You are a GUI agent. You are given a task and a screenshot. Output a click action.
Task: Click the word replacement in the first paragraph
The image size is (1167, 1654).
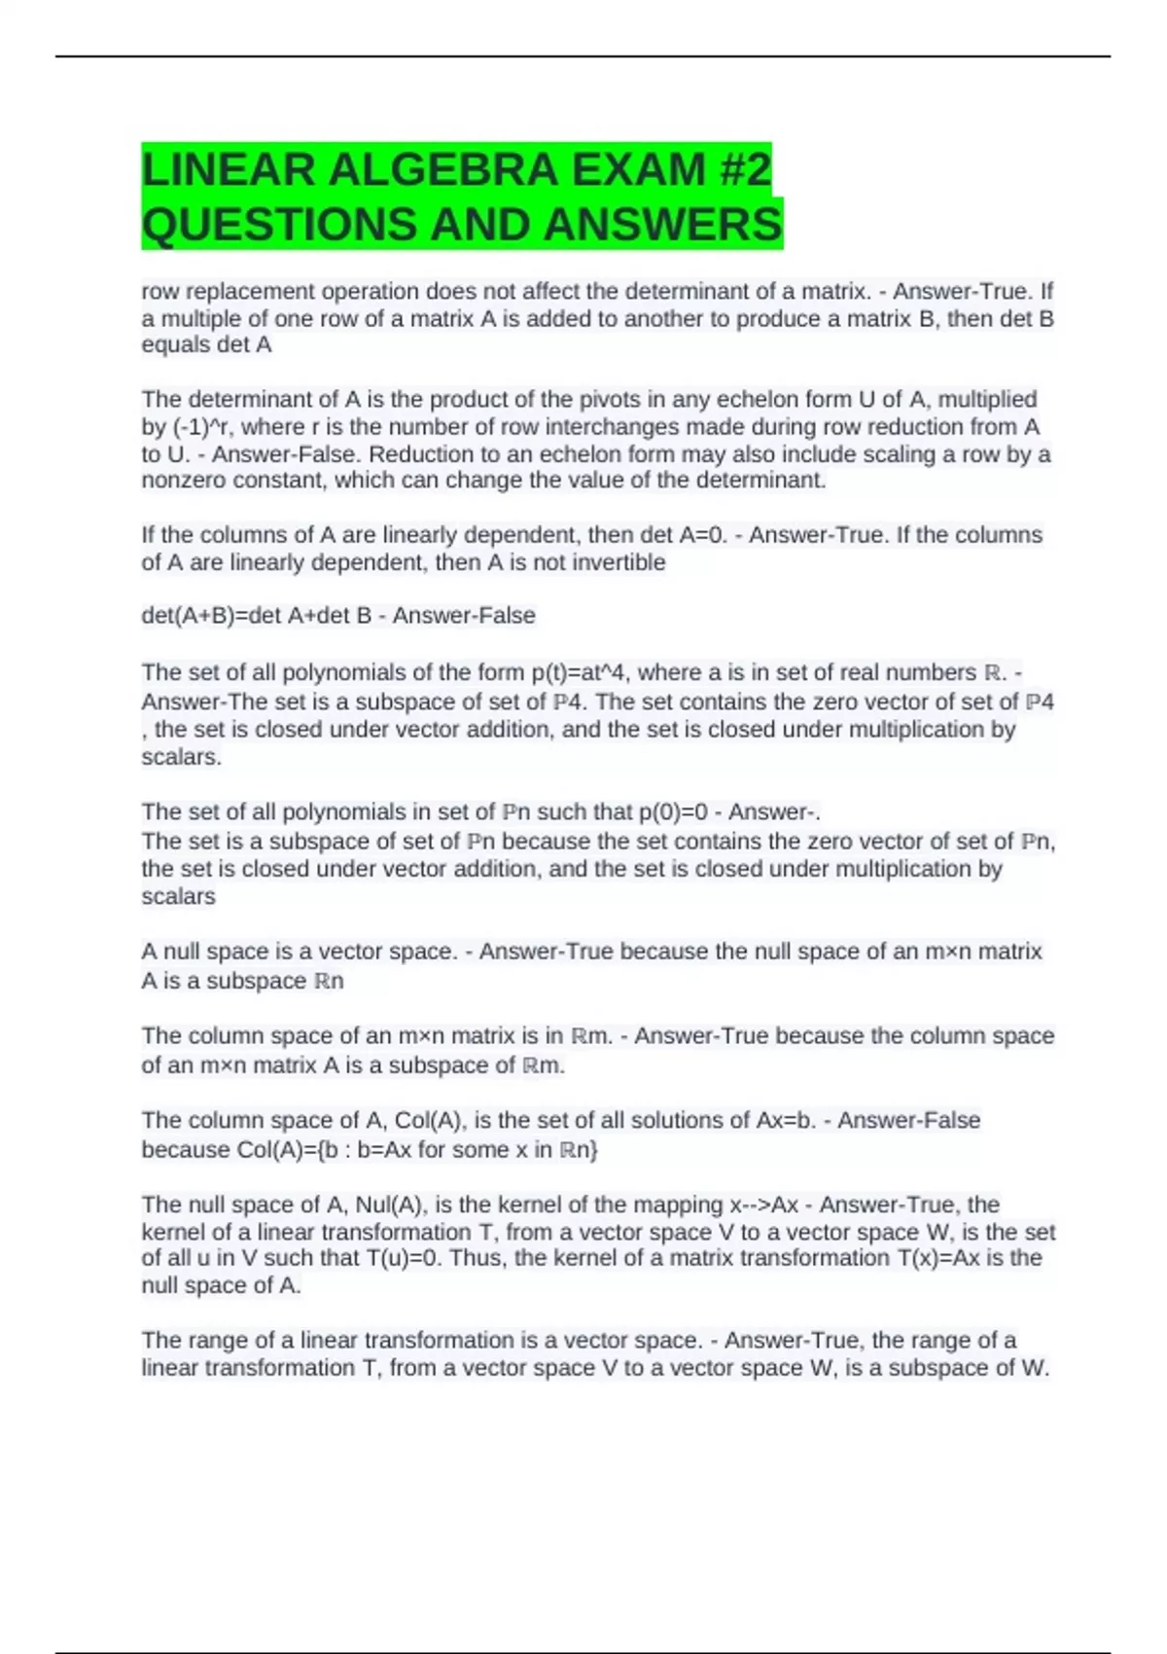250,292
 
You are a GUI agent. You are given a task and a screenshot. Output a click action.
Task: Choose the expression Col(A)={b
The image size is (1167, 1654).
297,1150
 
